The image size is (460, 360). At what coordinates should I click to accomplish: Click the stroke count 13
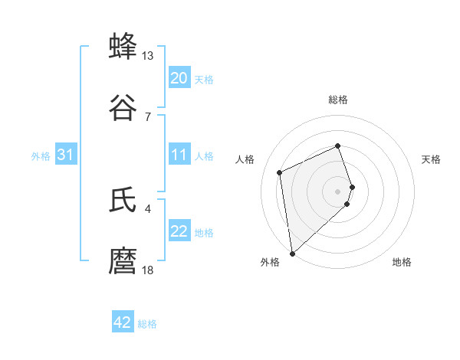point(148,56)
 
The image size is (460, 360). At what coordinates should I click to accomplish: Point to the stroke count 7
point(148,116)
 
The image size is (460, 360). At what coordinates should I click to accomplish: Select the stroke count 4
point(148,208)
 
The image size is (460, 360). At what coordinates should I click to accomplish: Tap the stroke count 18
point(148,270)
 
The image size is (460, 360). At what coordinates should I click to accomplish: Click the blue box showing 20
point(179,78)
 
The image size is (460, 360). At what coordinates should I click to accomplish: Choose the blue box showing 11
point(179,155)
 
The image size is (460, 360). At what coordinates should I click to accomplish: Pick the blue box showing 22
point(179,232)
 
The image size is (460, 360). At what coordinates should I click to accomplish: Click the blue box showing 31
point(66,155)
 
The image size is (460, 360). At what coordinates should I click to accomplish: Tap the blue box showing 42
point(123,322)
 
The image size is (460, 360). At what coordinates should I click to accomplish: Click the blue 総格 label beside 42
point(147,324)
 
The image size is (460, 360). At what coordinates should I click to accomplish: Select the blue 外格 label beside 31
point(41,156)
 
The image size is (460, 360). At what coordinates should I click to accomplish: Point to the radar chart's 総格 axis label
point(338,100)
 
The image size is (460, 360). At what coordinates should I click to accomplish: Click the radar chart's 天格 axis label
point(431,159)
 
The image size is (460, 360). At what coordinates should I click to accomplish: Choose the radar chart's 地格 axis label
point(402,263)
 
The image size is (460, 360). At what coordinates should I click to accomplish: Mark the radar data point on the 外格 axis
point(292,253)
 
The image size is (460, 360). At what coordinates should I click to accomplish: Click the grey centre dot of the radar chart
point(338,191)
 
